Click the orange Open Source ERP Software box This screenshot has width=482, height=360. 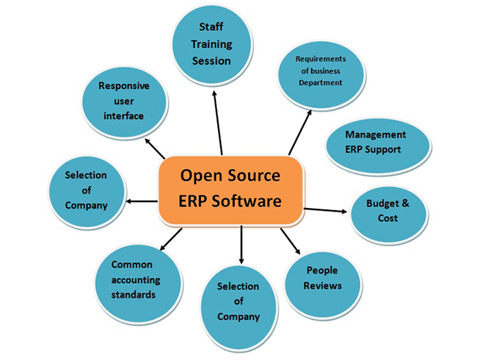pos(230,188)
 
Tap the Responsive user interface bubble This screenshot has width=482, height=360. pos(124,102)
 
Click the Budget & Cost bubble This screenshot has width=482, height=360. pos(388,211)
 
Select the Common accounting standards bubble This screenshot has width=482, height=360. pos(136,280)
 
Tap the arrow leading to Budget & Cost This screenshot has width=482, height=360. pos(327,210)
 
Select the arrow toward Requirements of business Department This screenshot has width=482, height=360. pos(301,130)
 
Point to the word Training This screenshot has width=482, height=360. pos(212,45)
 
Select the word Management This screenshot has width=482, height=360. pos(376,135)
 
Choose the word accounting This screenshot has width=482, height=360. pos(137,280)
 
